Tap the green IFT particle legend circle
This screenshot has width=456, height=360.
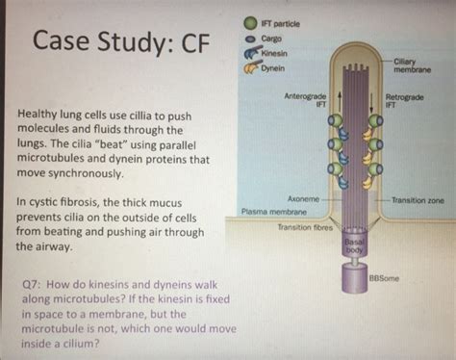tap(248, 19)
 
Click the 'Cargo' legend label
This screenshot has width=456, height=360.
tap(272, 37)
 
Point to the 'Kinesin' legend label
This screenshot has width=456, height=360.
tap(276, 54)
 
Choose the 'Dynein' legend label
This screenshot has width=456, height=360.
tap(274, 70)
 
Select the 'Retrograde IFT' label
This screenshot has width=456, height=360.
tap(403, 100)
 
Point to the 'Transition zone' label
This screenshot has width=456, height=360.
tap(417, 199)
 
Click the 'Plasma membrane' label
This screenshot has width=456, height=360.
tap(273, 211)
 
